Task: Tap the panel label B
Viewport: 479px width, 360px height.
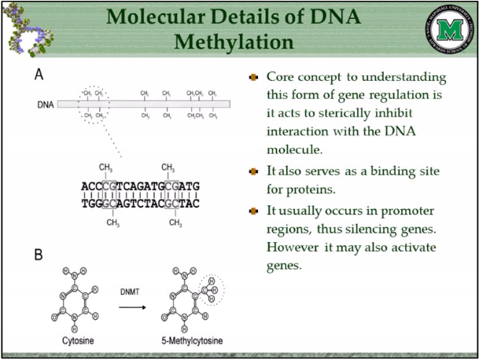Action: pos(38,255)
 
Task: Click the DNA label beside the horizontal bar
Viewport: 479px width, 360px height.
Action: pos(46,104)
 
